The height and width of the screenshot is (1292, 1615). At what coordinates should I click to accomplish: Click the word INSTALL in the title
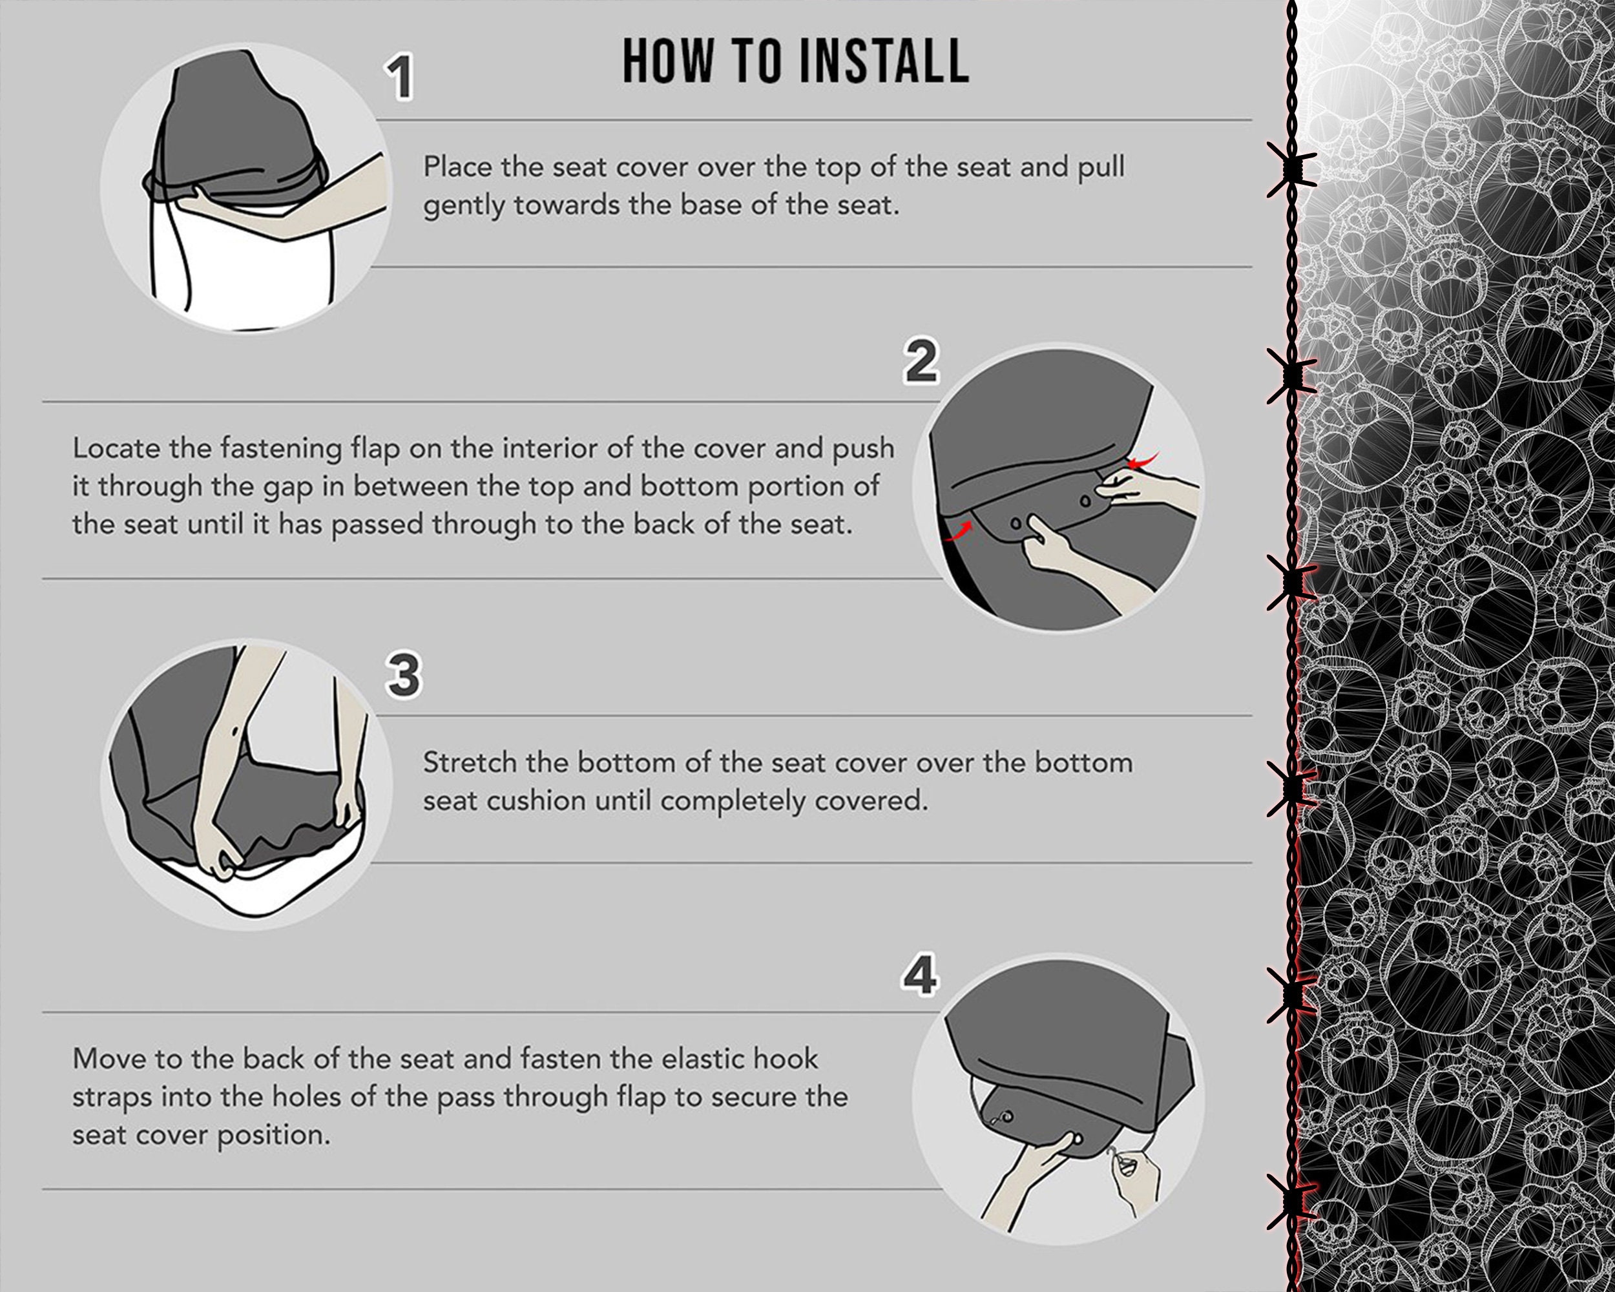tap(884, 61)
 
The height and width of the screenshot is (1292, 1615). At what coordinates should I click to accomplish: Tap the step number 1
tap(399, 77)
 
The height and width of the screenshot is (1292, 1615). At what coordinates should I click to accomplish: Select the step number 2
tap(921, 361)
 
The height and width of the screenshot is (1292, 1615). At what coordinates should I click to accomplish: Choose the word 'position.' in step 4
tap(273, 1137)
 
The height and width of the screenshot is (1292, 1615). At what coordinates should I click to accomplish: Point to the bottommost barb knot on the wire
tap(1291, 1201)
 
